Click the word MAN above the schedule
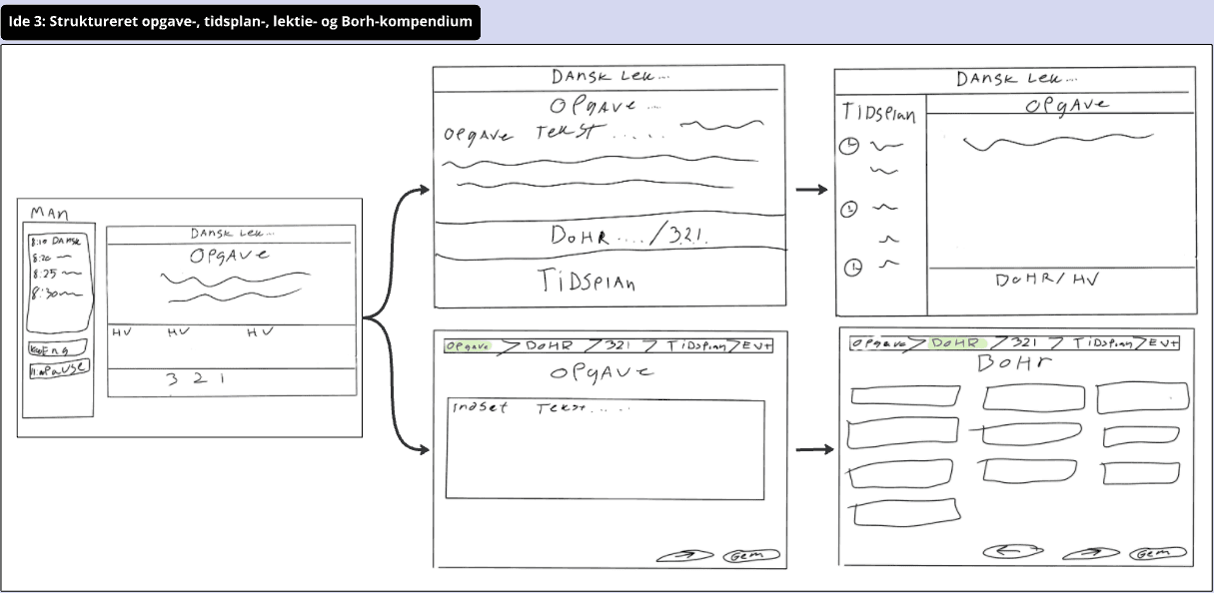click(49, 212)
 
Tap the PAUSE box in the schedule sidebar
click(58, 367)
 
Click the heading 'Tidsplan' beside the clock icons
click(879, 112)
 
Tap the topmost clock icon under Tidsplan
click(849, 146)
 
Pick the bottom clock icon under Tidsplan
click(853, 268)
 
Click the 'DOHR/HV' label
click(1046, 281)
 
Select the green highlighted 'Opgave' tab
click(469, 346)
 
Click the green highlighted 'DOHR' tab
click(955, 342)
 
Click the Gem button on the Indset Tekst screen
click(750, 556)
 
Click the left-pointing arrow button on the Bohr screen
click(1012, 550)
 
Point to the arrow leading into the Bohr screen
click(814, 450)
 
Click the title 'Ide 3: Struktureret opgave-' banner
click(240, 21)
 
